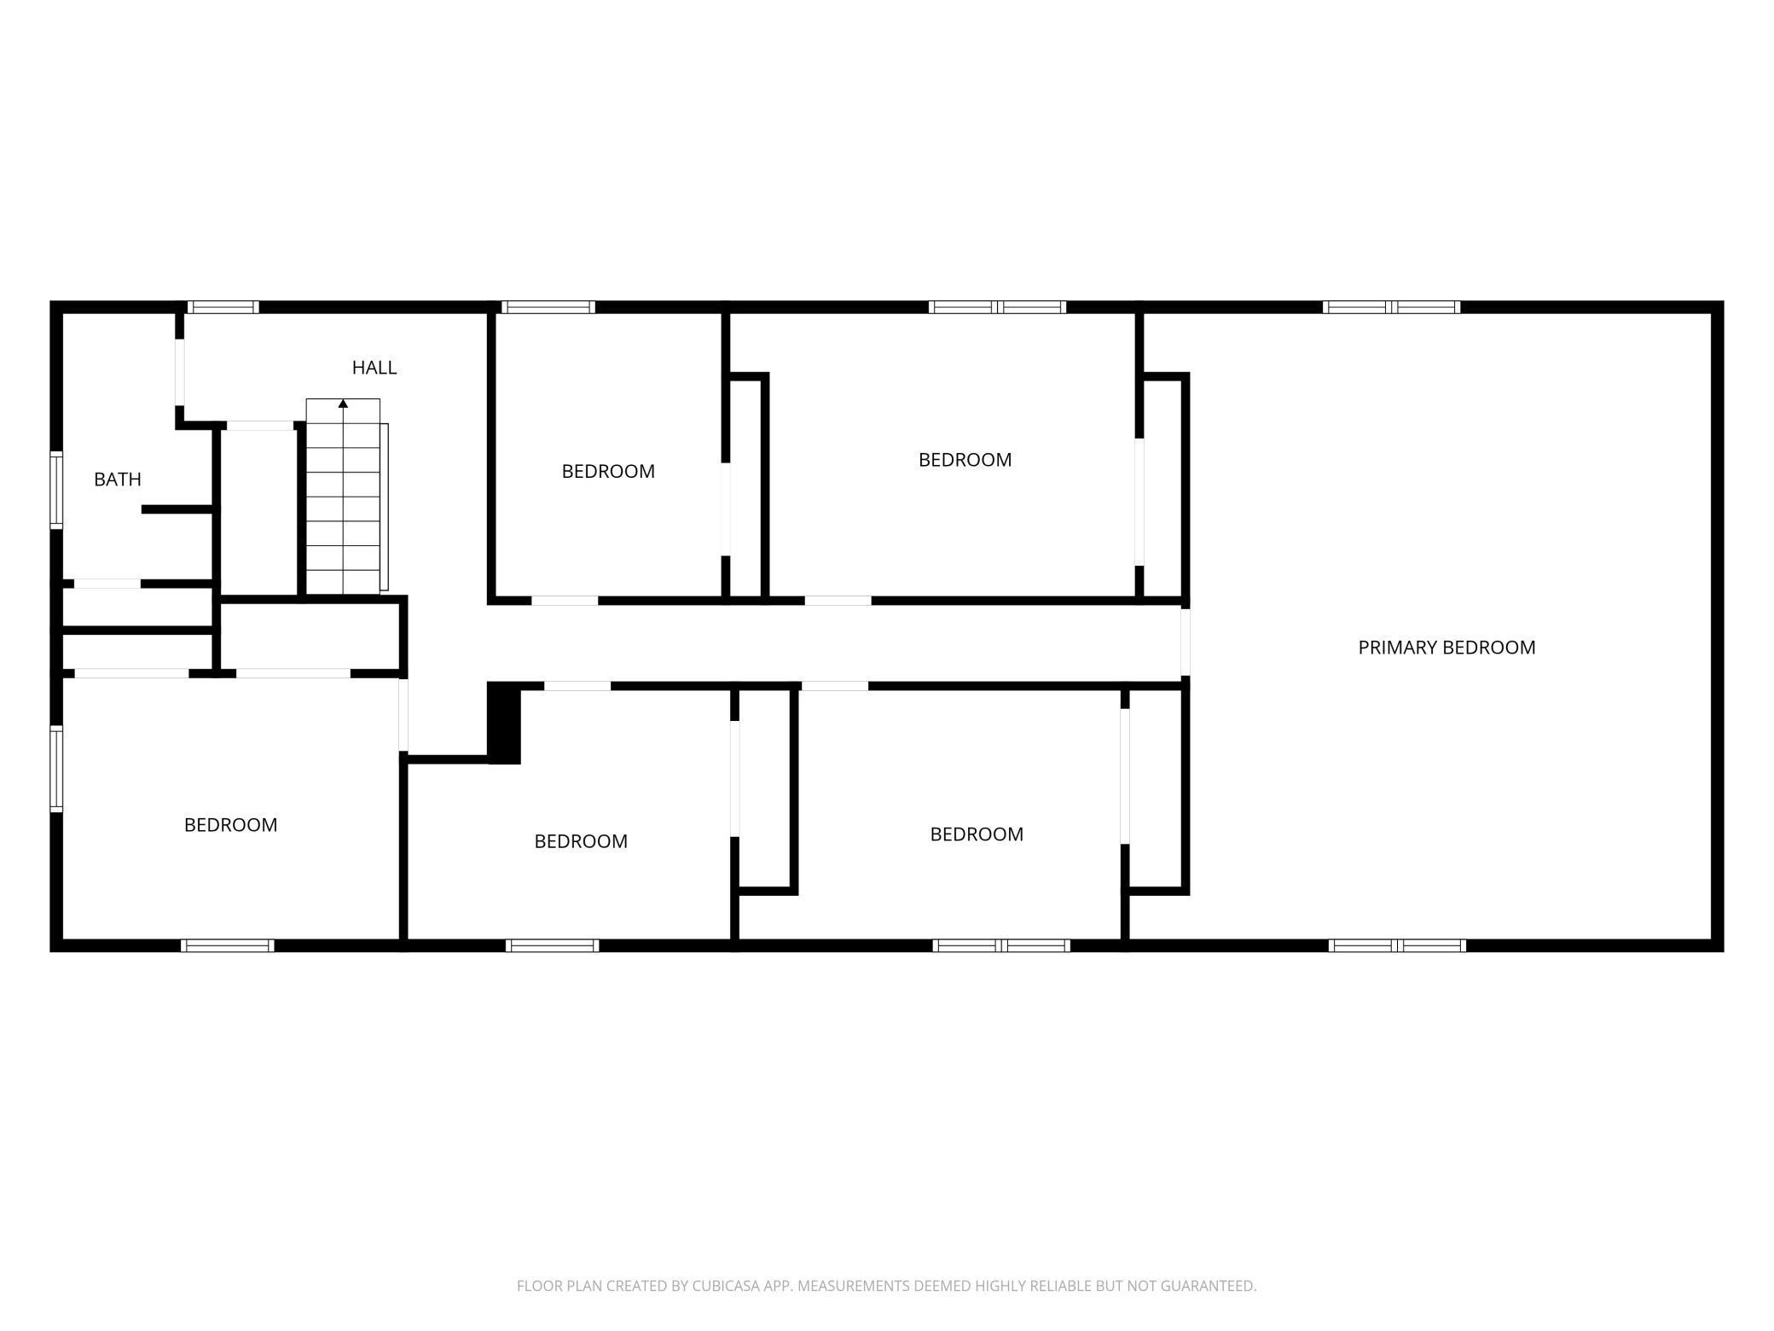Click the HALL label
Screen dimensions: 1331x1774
click(x=374, y=368)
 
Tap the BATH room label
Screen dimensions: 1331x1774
click(x=118, y=480)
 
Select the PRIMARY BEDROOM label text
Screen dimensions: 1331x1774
click(x=1446, y=648)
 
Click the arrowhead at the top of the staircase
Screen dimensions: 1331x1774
click(x=343, y=404)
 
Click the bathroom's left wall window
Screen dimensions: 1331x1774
click(x=56, y=490)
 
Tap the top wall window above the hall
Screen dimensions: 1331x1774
click(x=223, y=307)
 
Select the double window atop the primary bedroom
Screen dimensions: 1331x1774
click(x=1391, y=307)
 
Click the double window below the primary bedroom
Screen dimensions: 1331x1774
click(x=1397, y=945)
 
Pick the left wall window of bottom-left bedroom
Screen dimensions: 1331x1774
click(x=56, y=768)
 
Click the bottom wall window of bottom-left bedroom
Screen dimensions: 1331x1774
click(x=228, y=945)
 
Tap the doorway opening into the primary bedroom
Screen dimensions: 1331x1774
click(x=1186, y=641)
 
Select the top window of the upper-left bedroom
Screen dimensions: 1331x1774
click(x=548, y=307)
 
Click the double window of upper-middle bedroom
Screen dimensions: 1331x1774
click(x=997, y=307)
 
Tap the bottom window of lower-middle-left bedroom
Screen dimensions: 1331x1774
click(x=552, y=945)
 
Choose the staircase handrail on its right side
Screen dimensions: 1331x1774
click(x=385, y=507)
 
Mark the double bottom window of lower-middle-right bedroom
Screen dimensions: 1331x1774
click(x=1001, y=945)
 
